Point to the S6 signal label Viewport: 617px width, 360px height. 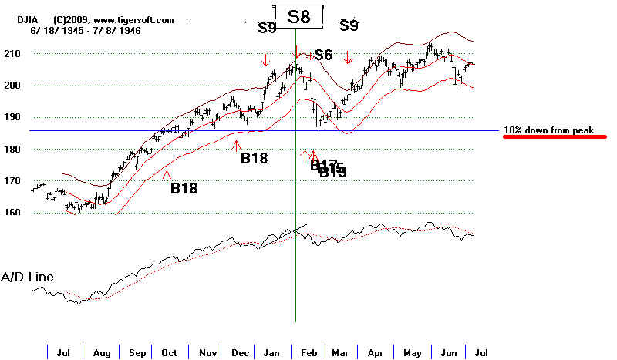click(323, 56)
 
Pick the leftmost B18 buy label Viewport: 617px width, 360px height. click(185, 187)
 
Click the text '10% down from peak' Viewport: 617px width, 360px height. click(548, 130)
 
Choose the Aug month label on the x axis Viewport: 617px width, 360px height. click(102, 352)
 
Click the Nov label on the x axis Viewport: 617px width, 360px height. click(207, 352)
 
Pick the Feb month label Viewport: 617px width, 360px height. click(306, 352)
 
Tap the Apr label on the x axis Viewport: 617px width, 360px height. click(375, 352)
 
